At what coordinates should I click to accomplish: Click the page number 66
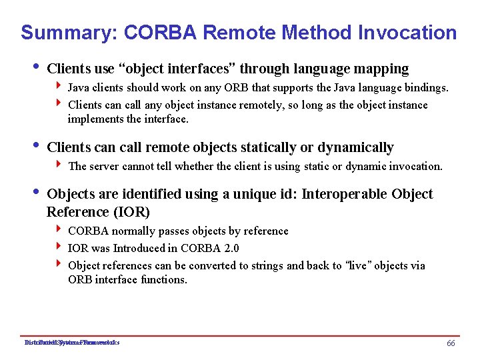[x=451, y=343]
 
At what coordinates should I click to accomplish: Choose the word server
[x=107, y=166]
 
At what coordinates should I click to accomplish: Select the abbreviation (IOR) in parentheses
[x=131, y=212]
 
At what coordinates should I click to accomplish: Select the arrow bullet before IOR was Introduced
[x=61, y=248]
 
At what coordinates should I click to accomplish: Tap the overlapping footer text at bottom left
[x=71, y=343]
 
